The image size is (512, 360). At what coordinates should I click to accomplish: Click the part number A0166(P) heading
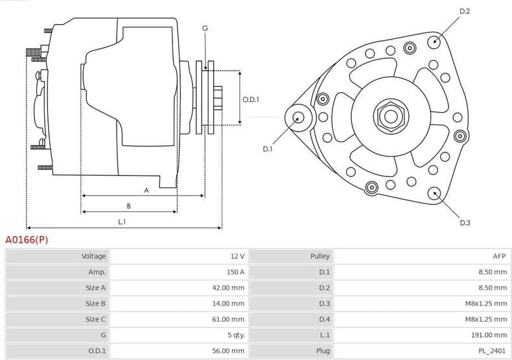tap(27, 240)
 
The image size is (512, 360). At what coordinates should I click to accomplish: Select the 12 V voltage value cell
tap(237, 256)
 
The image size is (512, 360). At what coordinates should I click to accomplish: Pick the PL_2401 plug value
tap(493, 351)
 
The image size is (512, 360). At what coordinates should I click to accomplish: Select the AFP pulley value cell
tap(498, 256)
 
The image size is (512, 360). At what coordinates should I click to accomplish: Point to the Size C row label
tap(95, 319)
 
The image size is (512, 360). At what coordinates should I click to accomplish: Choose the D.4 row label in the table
tap(324, 319)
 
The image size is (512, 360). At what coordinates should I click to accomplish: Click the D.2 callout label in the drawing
tap(464, 11)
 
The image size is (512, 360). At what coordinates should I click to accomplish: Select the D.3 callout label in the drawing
tap(465, 222)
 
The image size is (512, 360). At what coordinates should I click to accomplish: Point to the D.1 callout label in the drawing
tap(268, 149)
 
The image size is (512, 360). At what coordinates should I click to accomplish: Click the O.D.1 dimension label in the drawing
tap(251, 99)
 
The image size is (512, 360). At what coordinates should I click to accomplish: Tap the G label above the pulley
tap(205, 29)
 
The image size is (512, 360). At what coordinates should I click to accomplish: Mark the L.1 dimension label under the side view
tap(122, 222)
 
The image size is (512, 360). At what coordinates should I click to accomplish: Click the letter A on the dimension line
tap(146, 190)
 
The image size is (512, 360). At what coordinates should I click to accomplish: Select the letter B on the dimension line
tap(128, 206)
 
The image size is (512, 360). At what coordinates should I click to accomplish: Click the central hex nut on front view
tap(390, 117)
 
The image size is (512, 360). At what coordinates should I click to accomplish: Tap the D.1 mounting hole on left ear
tap(298, 117)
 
